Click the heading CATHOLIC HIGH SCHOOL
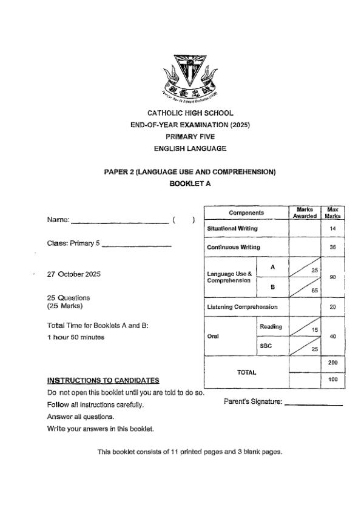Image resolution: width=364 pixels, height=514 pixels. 190,113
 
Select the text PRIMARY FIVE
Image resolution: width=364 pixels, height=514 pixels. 190,137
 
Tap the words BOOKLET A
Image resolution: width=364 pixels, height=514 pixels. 190,183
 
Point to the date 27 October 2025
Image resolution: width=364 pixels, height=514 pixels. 73,274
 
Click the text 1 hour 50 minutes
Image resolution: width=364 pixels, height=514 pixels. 75,337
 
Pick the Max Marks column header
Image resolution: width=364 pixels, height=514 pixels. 332,213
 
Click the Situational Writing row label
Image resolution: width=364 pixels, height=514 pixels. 232,229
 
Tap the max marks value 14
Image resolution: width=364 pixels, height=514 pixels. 332,229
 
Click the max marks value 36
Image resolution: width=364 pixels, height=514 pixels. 332,247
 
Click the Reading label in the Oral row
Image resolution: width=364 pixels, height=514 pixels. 271,327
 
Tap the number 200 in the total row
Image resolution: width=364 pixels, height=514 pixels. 332,361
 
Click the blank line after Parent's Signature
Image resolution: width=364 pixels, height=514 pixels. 314,404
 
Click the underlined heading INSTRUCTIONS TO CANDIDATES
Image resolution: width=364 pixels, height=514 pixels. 103,380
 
